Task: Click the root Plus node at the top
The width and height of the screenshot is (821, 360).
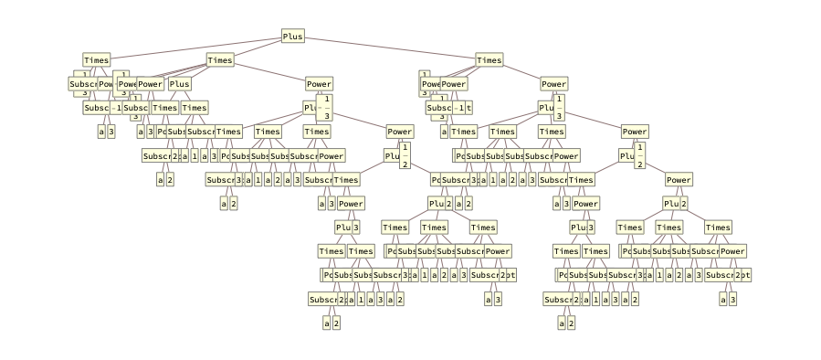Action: coord(293,37)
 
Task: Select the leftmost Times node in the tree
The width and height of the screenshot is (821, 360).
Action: coord(96,60)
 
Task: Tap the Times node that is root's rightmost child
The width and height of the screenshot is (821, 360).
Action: coord(489,60)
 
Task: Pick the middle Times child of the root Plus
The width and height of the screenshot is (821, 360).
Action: coord(220,60)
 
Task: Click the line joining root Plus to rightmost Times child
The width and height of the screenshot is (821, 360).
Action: coord(391,48)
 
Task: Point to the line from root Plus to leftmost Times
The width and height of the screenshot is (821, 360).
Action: coord(195,48)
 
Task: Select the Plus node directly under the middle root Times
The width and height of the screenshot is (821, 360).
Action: coord(179,84)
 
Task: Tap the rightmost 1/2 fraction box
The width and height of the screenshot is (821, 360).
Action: coord(639,156)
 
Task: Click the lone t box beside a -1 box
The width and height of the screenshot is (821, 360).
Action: coord(468,108)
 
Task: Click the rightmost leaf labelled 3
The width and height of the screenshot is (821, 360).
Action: coord(733,299)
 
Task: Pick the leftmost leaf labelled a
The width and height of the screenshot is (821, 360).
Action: coord(101,132)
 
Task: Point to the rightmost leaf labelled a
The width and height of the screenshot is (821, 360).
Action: coord(723,299)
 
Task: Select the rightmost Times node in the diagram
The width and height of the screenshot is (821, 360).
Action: coord(718,228)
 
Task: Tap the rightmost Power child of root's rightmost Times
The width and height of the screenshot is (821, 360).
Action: coord(553,84)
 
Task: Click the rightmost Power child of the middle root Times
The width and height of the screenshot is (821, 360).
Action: coord(319,84)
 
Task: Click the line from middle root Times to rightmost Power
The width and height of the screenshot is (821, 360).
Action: coord(269,72)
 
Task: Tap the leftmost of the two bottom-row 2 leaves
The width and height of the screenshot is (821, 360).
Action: coord(336,323)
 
